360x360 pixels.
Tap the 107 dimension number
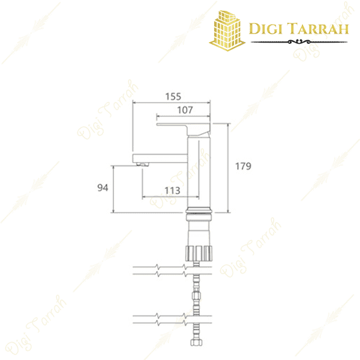[x=185, y=110]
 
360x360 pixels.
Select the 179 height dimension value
[x=243, y=166]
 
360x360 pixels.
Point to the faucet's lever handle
[x=183, y=127]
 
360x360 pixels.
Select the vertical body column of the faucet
[x=200, y=174]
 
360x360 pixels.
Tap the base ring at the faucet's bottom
[x=200, y=211]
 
